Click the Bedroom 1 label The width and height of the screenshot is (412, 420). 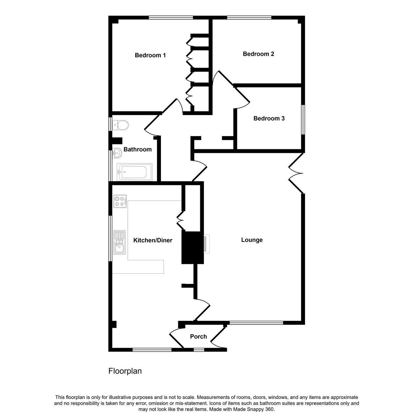pos(150,55)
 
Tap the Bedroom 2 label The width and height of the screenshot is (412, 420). pos(258,54)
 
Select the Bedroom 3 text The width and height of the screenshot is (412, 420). pos(269,118)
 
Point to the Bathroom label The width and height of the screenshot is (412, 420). pos(138,149)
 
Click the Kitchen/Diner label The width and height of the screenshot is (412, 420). pos(153,240)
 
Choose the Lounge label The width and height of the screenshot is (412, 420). pos(252,240)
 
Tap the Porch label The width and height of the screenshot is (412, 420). pos(199,337)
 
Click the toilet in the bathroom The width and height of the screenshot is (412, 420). pos(120,125)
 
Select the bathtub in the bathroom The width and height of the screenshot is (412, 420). pos(135,172)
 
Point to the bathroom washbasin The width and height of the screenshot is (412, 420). pos(117,153)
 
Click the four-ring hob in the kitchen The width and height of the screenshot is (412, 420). pos(120,201)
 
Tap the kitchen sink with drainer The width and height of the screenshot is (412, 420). pos(119,242)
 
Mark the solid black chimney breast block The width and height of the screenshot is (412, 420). pos(193,248)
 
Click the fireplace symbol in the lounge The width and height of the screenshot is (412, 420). pos(206,244)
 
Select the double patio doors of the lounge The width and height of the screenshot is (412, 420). pos(296,173)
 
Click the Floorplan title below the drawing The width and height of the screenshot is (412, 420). pos(125,371)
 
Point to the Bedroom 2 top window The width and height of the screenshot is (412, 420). pos(249,17)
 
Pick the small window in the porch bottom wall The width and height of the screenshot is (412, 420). pos(199,350)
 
